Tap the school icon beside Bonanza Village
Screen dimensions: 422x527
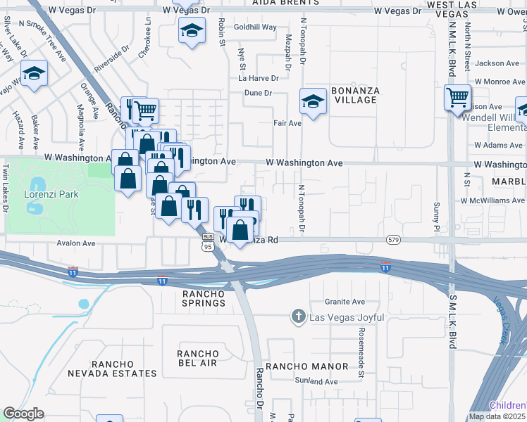click(x=313, y=101)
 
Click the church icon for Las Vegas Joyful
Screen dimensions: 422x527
click(x=299, y=318)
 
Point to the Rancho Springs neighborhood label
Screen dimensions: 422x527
click(x=204, y=298)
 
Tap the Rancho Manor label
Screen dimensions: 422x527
click(x=306, y=366)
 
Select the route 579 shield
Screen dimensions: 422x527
click(x=394, y=240)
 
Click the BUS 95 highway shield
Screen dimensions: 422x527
click(x=207, y=243)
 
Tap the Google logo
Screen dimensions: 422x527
click(x=23, y=414)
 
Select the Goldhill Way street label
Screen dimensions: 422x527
click(x=255, y=46)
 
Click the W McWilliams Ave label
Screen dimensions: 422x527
click(x=493, y=200)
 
